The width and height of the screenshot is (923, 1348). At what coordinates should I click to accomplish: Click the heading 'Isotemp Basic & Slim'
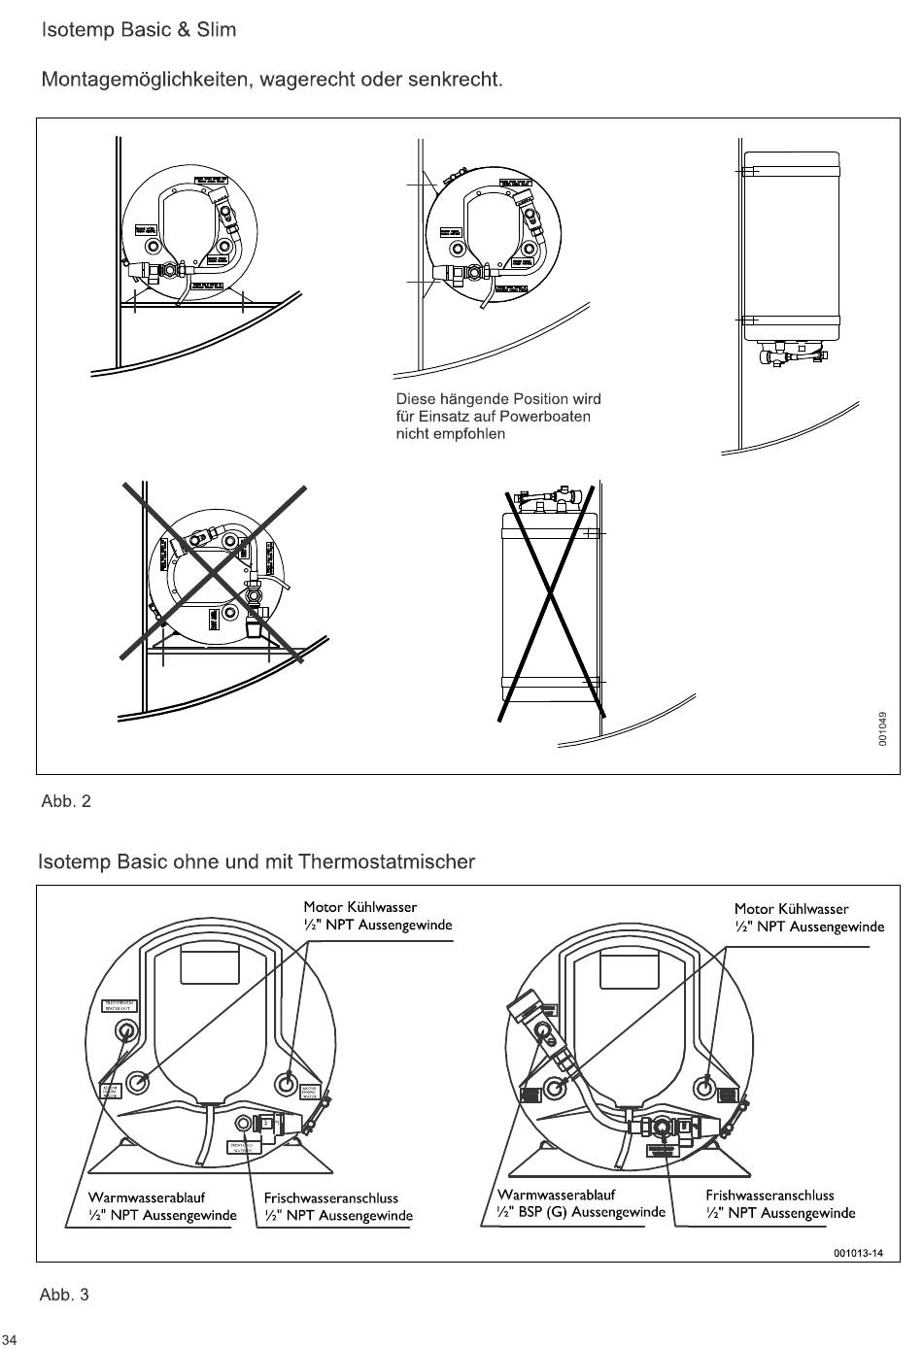point(138,30)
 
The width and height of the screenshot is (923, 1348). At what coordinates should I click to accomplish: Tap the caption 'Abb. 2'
point(66,801)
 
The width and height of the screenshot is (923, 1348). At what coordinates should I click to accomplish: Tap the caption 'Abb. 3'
point(64,1295)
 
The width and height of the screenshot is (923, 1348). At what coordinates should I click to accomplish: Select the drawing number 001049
point(882,728)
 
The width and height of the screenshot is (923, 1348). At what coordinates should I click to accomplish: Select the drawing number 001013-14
point(858,1253)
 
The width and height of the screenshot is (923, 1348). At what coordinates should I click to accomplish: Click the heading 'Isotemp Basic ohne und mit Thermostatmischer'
point(256,862)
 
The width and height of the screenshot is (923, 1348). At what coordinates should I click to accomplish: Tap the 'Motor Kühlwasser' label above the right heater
point(792,909)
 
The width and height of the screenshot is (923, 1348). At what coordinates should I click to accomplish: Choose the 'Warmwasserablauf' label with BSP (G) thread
point(557,1195)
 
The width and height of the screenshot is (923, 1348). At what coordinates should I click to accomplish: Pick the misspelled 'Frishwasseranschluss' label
point(770,1196)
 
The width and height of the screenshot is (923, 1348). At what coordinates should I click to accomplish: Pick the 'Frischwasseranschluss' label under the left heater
point(331,1197)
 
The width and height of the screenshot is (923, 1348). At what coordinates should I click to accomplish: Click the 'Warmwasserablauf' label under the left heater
point(147,1197)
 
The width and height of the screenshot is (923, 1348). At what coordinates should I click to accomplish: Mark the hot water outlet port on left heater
point(125,1031)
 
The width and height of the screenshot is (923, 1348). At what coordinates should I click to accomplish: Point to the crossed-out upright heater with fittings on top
point(549,602)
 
